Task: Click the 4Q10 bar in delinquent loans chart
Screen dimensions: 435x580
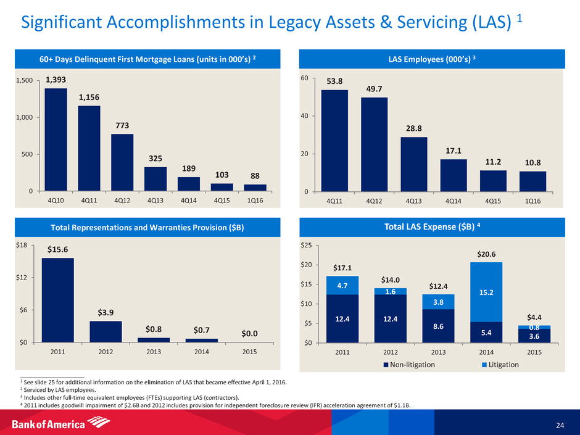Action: click(56, 139)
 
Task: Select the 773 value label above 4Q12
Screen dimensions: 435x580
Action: click(122, 126)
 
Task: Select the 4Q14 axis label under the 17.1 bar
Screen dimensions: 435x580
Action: click(454, 201)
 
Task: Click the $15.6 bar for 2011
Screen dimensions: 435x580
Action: click(58, 300)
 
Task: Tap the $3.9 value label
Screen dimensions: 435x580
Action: click(106, 313)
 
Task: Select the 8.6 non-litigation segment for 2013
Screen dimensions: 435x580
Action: click(438, 326)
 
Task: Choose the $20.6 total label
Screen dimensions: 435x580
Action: click(486, 254)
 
